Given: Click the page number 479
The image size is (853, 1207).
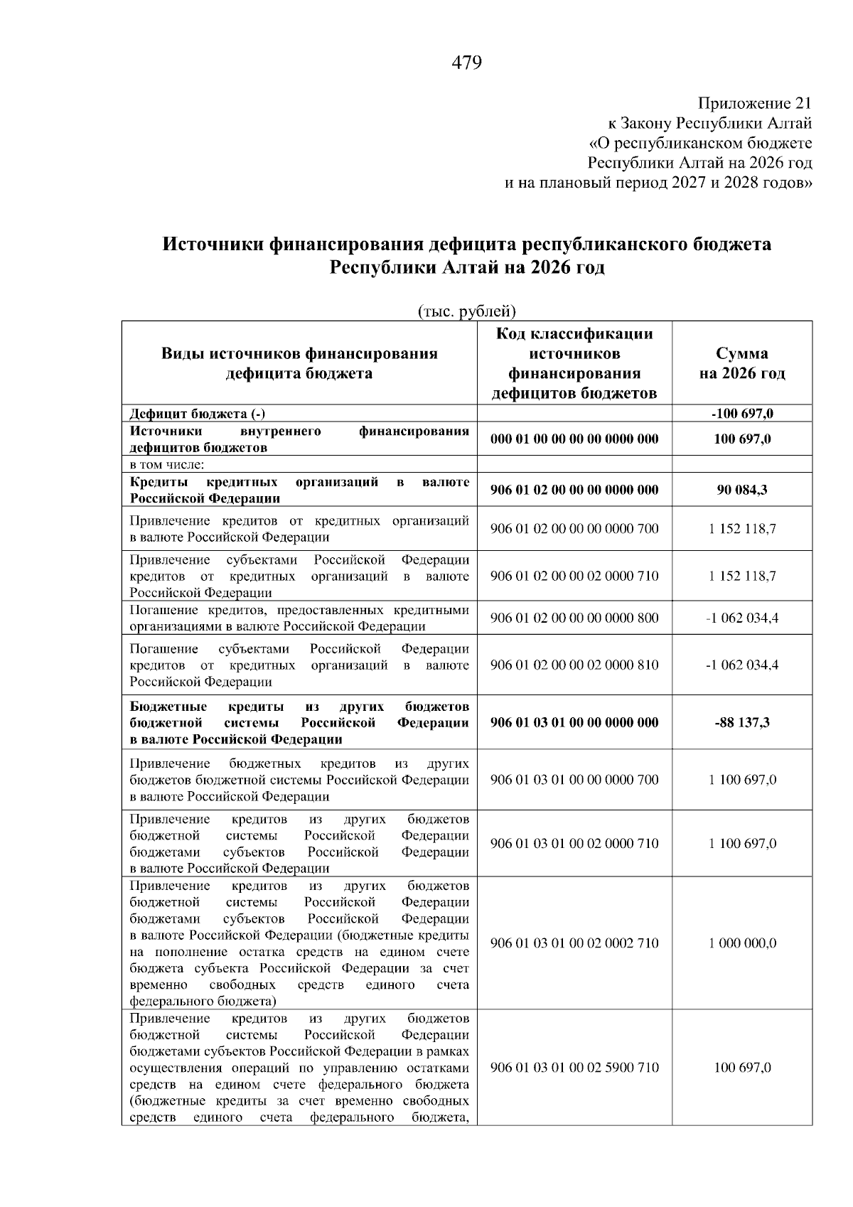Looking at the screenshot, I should click(467, 63).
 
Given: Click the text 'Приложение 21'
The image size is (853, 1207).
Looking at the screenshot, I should click(754, 104).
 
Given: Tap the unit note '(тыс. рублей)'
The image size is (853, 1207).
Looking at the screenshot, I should click(466, 311).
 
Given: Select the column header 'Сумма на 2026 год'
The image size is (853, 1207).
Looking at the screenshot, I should click(741, 363).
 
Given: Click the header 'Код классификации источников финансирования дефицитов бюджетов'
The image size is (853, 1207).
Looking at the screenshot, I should click(574, 363).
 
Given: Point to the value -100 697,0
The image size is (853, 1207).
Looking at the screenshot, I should click(742, 414).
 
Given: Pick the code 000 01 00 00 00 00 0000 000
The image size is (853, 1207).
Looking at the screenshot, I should click(574, 439).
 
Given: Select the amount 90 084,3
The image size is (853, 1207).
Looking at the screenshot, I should click(742, 490).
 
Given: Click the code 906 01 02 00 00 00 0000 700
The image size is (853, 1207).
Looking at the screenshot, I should click(574, 529).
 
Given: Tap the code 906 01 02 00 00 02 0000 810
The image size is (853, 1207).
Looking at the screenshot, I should click(574, 665).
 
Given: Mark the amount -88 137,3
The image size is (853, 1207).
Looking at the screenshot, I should click(742, 722).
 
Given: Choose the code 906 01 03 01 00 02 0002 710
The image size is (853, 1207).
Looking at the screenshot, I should click(574, 943).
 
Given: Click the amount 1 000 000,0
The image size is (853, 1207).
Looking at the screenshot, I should click(742, 943).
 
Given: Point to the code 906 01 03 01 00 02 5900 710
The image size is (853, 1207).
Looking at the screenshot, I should click(574, 1068).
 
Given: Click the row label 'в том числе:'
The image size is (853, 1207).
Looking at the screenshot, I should click(168, 465).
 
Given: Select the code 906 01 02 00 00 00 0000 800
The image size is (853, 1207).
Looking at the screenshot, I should click(574, 618).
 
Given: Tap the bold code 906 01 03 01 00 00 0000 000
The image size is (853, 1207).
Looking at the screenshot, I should click(574, 722).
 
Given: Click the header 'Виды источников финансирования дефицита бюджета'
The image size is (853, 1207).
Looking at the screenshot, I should click(299, 363).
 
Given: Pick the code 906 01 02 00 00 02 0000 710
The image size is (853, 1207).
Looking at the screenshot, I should click(574, 576).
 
